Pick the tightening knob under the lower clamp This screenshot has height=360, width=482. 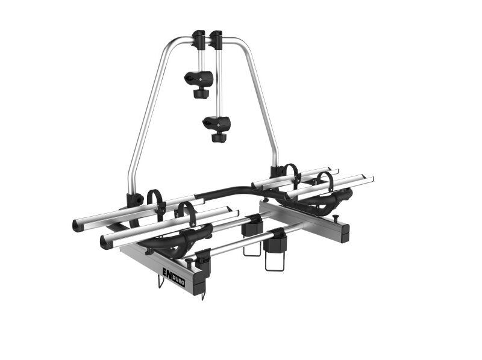219,137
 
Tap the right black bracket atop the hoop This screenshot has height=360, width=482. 216,39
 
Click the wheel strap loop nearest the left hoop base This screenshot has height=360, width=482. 157,203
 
